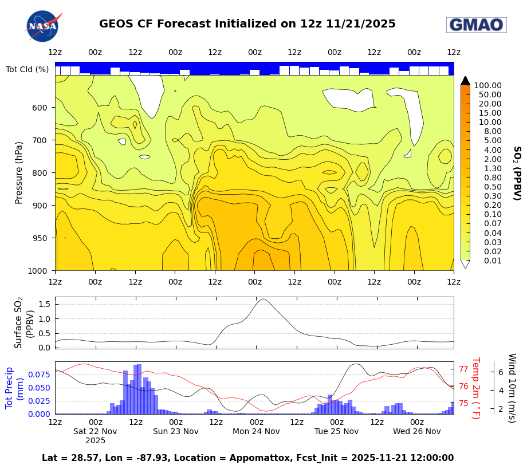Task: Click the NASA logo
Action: click(43, 26)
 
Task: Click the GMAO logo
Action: click(476, 25)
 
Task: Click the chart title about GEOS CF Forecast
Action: click(247, 24)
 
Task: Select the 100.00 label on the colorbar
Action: click(487, 85)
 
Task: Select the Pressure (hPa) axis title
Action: click(19, 172)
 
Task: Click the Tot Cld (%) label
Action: click(27, 69)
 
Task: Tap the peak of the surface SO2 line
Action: click(263, 299)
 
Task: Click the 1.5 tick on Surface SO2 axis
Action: click(44, 304)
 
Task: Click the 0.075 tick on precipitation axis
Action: click(37, 375)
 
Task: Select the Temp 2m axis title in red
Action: click(475, 388)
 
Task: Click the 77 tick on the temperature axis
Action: click(463, 369)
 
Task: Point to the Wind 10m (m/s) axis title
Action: click(512, 388)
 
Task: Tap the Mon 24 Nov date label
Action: click(256, 431)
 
